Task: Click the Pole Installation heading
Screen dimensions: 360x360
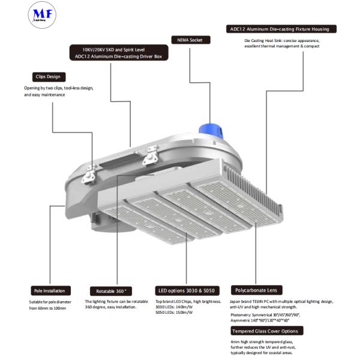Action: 50,290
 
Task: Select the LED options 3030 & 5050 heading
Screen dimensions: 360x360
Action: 187,290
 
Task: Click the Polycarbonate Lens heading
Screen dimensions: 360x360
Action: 256,290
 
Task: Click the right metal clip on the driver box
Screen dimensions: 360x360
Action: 149,160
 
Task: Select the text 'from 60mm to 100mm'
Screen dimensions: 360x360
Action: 47,308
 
